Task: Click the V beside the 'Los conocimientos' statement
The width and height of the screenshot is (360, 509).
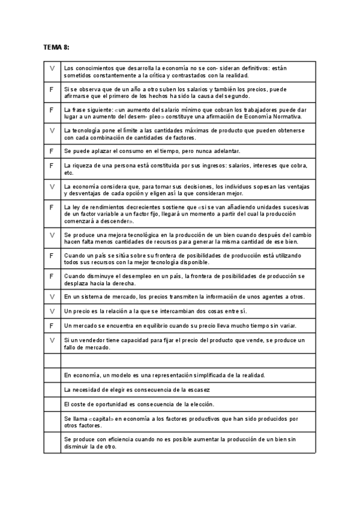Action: point(52,68)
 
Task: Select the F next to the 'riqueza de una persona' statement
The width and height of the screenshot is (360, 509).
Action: point(52,165)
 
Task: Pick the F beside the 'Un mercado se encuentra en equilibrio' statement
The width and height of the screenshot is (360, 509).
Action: point(52,325)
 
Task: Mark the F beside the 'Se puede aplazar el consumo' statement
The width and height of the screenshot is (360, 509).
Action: point(52,150)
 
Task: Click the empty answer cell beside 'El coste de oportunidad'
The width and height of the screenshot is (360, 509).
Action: point(52,405)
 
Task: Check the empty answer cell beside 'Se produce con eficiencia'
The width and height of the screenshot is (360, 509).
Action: point(52,443)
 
